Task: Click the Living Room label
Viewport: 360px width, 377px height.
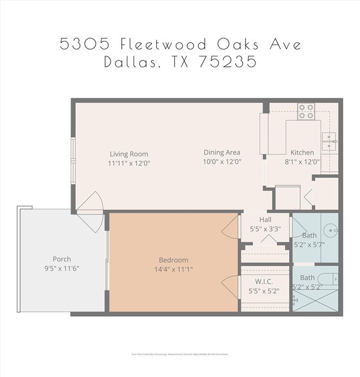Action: tap(129, 154)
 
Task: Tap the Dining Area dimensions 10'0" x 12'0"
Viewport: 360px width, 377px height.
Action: tap(222, 162)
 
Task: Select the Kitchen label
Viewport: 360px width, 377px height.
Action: tap(302, 152)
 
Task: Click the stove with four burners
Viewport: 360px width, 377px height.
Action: tap(306, 111)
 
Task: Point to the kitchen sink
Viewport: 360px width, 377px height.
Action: tap(329, 141)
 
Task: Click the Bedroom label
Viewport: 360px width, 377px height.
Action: tap(173, 260)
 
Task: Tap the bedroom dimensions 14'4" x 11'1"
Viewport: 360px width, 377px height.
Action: tap(173, 269)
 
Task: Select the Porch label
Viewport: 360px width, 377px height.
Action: tap(62, 259)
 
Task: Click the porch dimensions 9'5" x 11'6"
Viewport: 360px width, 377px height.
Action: tap(62, 268)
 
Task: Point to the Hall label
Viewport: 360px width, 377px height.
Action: tap(265, 219)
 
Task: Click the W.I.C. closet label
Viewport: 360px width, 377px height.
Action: tap(264, 281)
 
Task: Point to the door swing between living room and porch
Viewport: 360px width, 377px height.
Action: tap(90, 211)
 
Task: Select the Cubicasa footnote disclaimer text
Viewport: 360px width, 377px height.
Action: tap(180, 354)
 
